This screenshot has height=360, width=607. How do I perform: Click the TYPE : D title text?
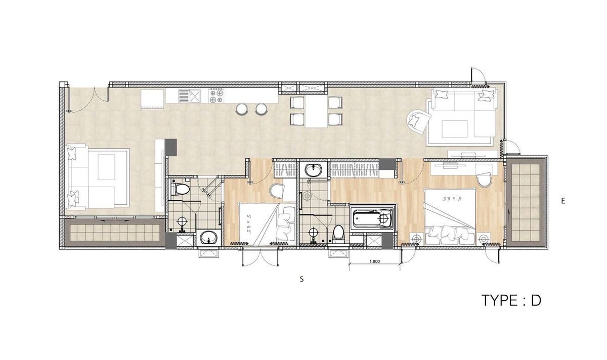coord(511,300)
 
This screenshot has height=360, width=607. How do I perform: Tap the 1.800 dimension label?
coord(374,262)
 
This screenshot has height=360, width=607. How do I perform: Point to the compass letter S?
coord(301,279)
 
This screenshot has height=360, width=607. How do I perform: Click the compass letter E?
coord(563,201)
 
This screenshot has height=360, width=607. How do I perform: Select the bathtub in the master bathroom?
coord(372,218)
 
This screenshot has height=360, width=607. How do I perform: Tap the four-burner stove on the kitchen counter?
coord(216,96)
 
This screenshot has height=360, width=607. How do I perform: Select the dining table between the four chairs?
coord(316,111)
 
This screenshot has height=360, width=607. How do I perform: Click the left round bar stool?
coord(242,109)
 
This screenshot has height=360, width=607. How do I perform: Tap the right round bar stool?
coord(261,109)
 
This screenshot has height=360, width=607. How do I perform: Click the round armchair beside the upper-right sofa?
coord(418,121)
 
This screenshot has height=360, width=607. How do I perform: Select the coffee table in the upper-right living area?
coord(455,129)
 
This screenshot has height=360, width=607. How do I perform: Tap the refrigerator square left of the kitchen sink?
coord(152,100)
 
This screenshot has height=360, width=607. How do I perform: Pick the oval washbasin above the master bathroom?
coord(314,170)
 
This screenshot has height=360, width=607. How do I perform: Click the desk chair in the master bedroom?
coord(485,179)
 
